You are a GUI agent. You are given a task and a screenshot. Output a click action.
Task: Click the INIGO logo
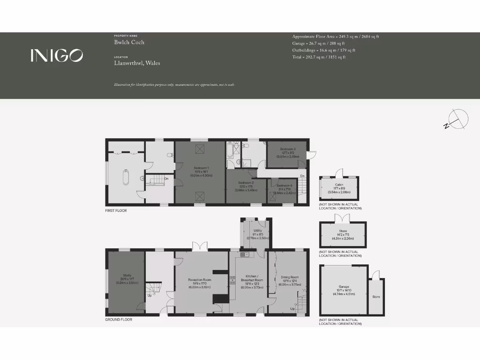click(57, 55)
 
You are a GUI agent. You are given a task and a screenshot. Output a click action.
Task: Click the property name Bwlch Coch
click(129, 42)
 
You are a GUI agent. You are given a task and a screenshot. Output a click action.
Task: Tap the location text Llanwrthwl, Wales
click(137, 63)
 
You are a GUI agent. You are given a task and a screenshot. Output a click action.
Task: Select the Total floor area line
click(319, 57)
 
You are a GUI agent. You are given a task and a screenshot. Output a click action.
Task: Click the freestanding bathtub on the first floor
click(125, 178)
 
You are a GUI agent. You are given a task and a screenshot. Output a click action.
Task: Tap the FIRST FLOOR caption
click(116, 211)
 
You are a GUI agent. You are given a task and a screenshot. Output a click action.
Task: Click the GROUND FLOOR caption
click(119, 320)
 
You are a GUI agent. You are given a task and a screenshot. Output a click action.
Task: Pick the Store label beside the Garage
click(376, 297)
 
